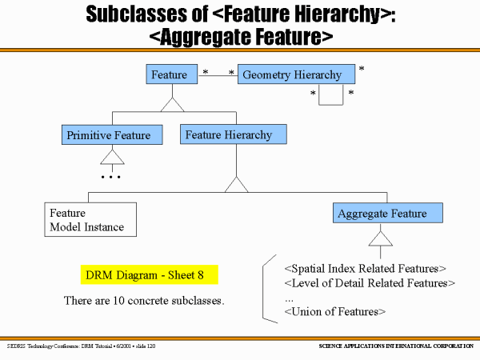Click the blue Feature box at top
click(170, 75)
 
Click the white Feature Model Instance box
click(90, 219)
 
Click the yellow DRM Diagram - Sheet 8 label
click(150, 275)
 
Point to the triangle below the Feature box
click(172, 104)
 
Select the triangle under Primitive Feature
click(112, 156)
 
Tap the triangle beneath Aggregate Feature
click(380, 238)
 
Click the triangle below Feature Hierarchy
click(236, 185)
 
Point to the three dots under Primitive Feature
click(110, 176)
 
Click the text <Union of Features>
click(335, 311)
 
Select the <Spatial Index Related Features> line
click(365, 268)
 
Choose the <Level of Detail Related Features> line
click(370, 282)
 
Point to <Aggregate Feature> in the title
click(241, 36)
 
